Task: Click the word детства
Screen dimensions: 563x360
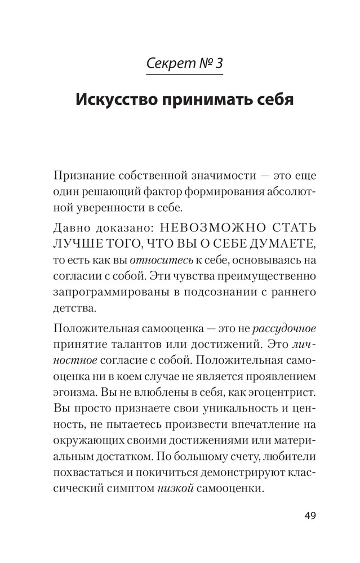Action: pos(70,309)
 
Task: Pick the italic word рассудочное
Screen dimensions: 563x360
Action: pos(285,328)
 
